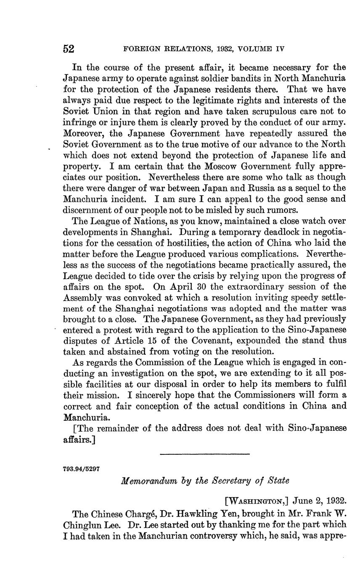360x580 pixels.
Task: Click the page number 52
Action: pyautogui.click(x=69, y=49)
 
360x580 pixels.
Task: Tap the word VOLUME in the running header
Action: pyautogui.click(x=257, y=49)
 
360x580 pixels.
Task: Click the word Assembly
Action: pyautogui.click(x=86, y=298)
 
